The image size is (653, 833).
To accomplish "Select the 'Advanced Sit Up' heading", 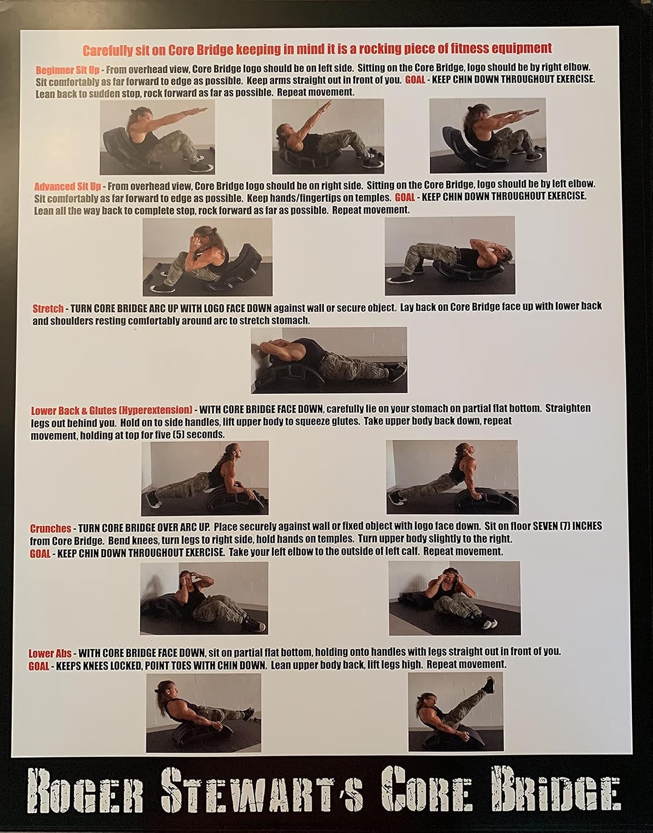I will point(67,187).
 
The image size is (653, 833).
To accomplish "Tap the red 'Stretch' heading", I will point(48,308).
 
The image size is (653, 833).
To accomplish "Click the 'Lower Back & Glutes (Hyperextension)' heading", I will point(112,410).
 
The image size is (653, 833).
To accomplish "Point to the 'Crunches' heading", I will point(50,528).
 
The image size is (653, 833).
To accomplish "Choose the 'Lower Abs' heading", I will point(50,654).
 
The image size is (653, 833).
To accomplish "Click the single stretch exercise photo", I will point(329,360).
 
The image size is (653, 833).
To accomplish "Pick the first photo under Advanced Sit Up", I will point(207,257).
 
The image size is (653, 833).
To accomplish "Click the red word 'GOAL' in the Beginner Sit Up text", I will point(415,80).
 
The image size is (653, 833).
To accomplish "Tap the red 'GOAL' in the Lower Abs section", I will point(39,665).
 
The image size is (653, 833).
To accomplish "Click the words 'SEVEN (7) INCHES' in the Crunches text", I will point(567,526).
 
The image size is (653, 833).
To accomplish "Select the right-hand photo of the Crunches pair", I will point(454,598).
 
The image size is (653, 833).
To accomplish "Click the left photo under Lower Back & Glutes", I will point(205,478).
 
